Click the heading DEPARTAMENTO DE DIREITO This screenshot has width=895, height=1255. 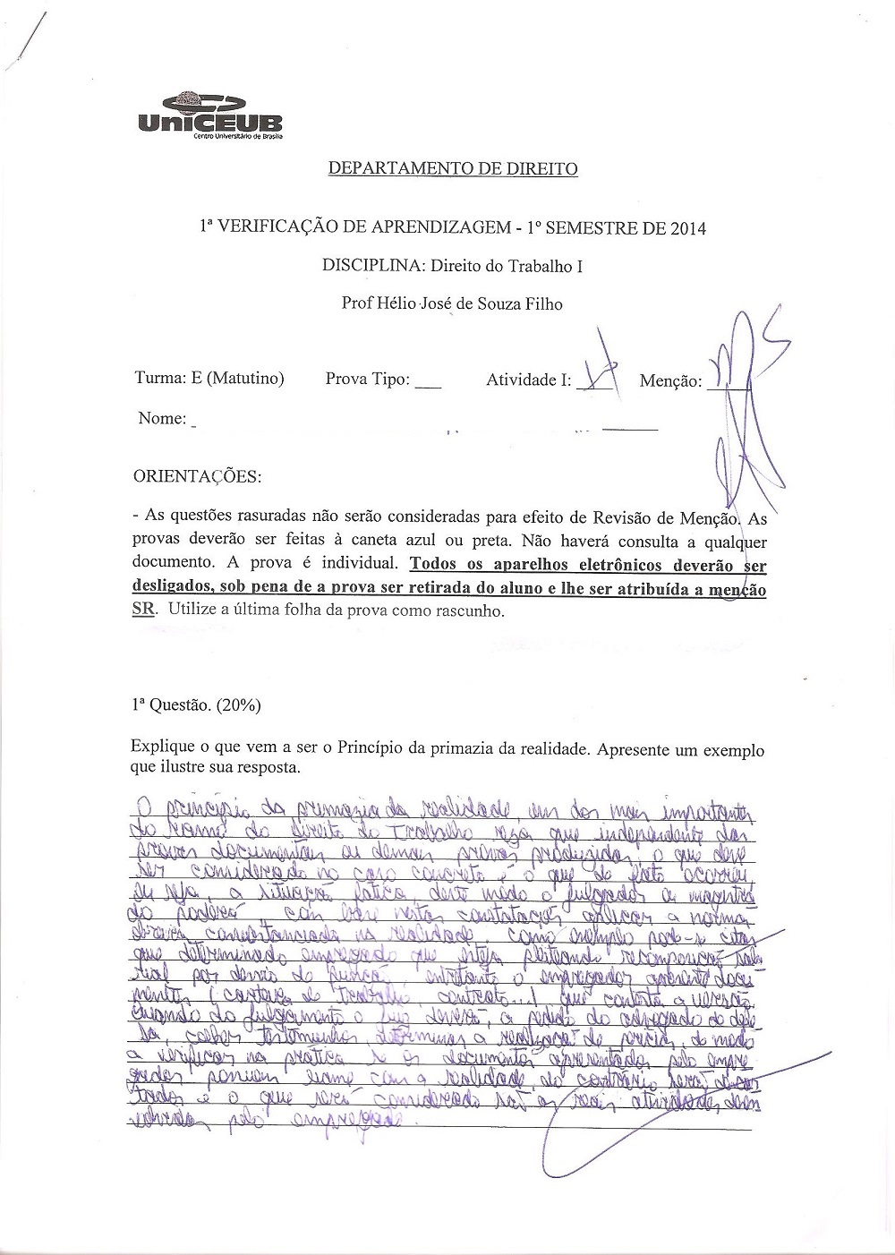[x=453, y=168]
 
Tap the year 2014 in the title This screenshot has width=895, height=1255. [x=686, y=228]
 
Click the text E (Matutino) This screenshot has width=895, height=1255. [x=237, y=379]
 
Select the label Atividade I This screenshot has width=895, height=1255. [x=528, y=380]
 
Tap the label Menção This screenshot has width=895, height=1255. [x=670, y=381]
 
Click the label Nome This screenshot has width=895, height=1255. [x=162, y=418]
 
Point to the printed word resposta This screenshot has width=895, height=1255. [x=268, y=768]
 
